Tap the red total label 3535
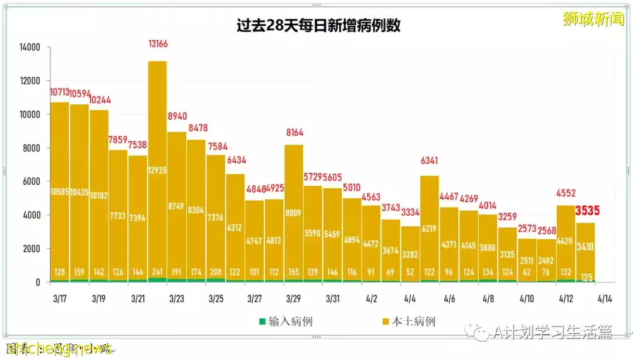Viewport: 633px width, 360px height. tap(587, 211)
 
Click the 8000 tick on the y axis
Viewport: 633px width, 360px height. tap(30, 148)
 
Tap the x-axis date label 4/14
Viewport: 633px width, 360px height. tap(605, 299)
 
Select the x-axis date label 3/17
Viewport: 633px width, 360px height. tap(60, 299)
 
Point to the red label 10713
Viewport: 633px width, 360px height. tap(59, 92)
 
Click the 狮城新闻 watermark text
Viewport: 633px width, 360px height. tap(593, 19)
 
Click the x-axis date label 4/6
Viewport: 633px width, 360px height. tap(450, 299)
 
